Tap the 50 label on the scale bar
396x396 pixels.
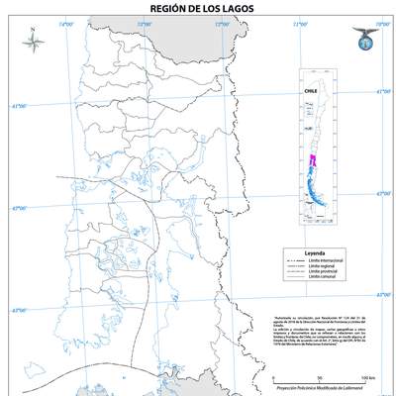tap(319, 377)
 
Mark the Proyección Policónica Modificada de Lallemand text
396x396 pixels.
tap(322, 391)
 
